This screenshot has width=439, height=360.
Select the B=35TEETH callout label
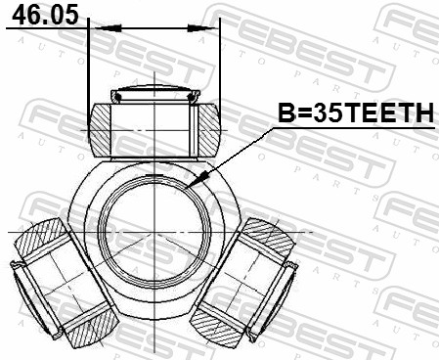click(356, 114)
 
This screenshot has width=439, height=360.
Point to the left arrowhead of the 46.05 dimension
click(96, 28)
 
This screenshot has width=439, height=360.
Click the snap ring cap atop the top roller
click(154, 95)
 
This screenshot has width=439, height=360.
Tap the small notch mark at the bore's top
click(154, 175)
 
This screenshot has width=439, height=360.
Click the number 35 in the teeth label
click(315, 114)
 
